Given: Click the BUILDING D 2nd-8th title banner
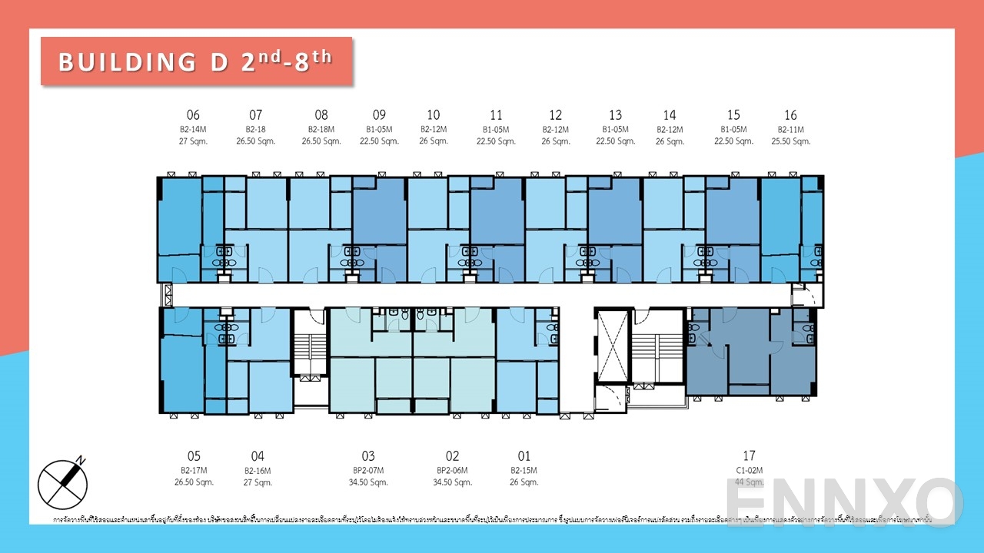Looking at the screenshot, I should point(196,61).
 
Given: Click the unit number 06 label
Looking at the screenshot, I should point(193,115).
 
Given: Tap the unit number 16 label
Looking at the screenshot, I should point(790,115).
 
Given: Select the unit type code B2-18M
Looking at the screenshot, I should point(321,129).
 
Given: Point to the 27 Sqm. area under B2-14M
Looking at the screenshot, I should point(193,141).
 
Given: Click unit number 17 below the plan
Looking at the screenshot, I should point(749,456).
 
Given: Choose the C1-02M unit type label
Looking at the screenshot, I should point(749,470).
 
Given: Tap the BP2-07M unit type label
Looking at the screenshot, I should point(368,470).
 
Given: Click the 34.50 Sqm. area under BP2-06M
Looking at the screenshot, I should point(452,482).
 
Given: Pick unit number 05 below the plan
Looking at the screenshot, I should point(193,456).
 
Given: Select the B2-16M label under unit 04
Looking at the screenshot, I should point(258,470).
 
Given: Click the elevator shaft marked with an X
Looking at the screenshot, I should point(612,346).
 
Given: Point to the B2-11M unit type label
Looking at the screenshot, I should point(790,129).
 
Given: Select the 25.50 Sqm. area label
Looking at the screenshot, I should point(790,141).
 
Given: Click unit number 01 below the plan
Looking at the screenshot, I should point(524,456).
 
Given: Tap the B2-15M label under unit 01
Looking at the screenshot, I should point(524,470).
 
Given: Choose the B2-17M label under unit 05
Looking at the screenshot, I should point(193,470).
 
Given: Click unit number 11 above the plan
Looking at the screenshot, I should point(496,115).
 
